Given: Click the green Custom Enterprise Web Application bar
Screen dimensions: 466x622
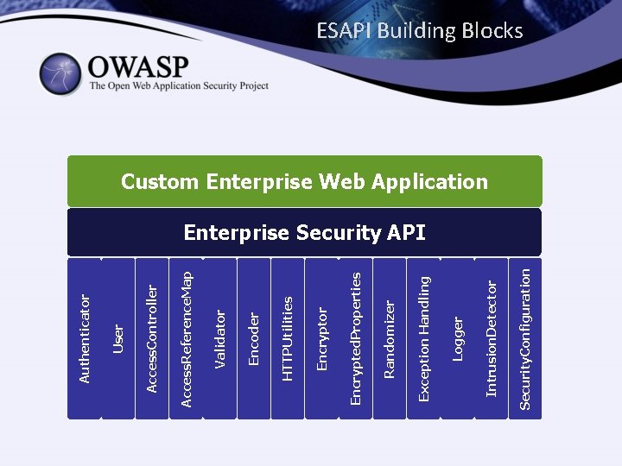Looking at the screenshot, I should point(304,181).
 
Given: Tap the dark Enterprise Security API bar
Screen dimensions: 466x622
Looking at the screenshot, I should point(304,232).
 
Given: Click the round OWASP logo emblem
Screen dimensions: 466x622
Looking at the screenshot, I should point(60,74).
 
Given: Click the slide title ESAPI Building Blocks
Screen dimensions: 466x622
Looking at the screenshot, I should point(419,31).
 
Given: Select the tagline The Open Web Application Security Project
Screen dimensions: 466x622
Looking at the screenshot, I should point(179,86).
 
